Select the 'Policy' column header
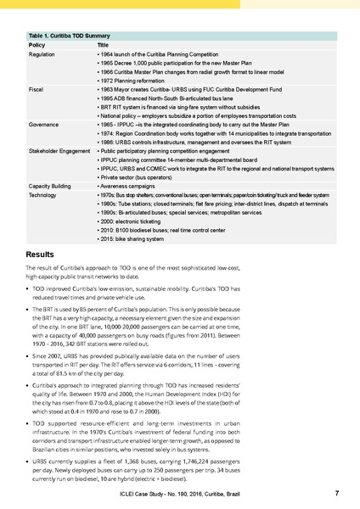click(37, 44)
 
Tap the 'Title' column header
click(102, 44)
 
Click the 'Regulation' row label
click(43, 53)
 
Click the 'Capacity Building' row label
click(53, 186)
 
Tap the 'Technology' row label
click(45, 194)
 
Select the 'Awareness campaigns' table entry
click(127, 186)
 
